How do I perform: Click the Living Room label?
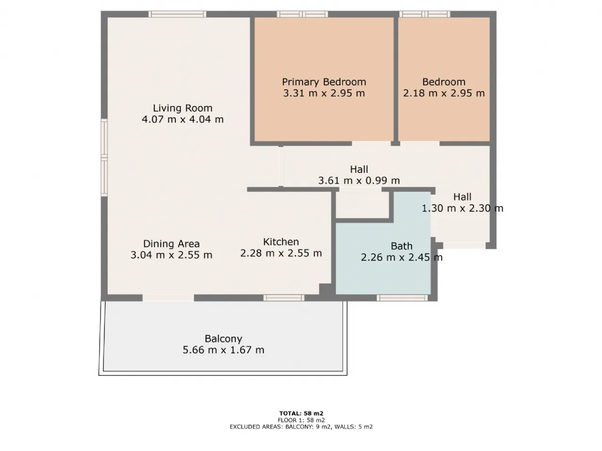coord(182,108)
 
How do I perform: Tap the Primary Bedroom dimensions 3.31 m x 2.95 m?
coord(324,93)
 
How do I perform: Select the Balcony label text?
coord(223,339)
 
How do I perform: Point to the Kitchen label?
coord(281,242)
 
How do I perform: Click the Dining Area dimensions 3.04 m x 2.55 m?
coord(171,255)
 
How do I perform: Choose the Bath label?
coord(402,246)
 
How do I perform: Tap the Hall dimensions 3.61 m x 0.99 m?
coord(359,180)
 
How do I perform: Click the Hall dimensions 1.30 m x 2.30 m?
coord(462,209)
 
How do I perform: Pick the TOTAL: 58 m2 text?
coord(301,413)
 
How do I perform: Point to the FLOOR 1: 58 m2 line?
coord(301,420)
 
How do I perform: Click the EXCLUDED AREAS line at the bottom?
coord(301,427)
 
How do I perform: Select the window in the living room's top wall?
coord(177,14)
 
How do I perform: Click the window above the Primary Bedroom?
coord(302,14)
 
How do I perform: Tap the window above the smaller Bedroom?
coord(425,14)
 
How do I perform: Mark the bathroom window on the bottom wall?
coord(402,298)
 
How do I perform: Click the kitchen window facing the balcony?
coord(284,298)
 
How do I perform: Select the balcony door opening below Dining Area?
coord(168,298)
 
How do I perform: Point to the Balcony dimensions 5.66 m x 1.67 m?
coord(223,350)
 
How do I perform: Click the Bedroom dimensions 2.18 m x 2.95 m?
coord(444,93)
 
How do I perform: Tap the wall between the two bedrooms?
coord(396,79)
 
